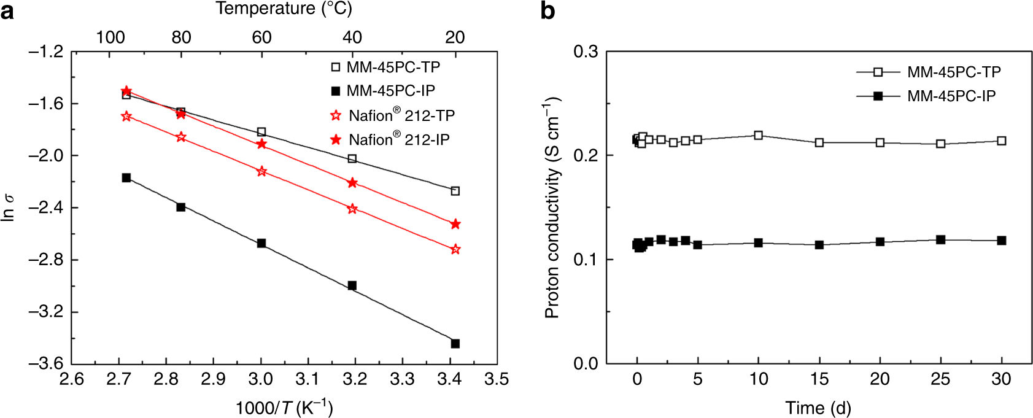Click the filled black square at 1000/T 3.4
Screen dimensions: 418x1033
455,344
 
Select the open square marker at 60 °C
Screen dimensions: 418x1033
261,132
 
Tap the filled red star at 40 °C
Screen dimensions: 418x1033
352,183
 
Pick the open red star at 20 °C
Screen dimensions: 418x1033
455,249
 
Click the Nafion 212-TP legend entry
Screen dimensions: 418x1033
393,115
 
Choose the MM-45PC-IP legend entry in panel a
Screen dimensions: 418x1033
383,91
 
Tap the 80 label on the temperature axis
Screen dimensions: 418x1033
181,37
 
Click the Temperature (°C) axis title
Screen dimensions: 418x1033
284,9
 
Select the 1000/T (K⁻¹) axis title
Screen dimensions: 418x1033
284,408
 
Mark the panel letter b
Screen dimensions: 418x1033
547,11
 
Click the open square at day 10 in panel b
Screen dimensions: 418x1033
759,135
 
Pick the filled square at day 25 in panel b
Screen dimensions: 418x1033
940,239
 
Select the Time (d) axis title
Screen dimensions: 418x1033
818,408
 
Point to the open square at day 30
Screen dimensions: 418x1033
1001,141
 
